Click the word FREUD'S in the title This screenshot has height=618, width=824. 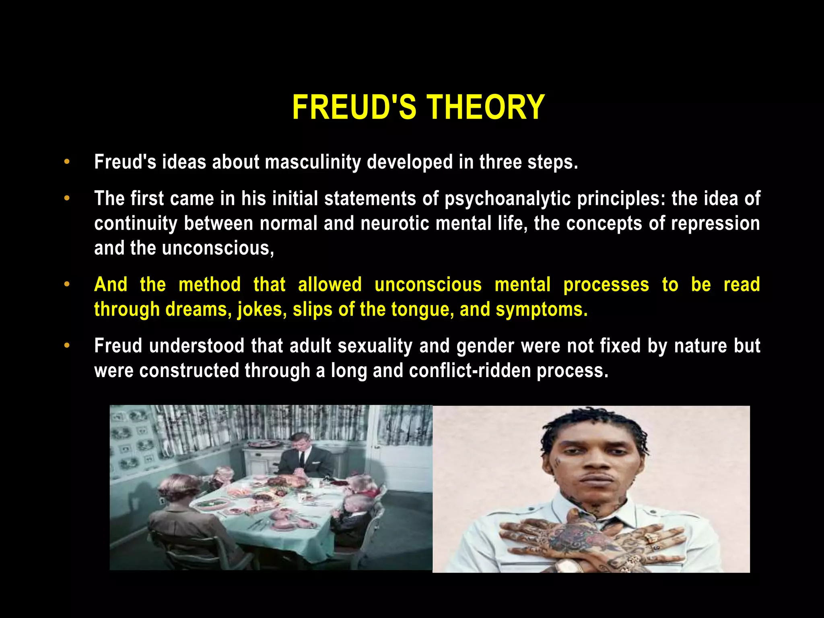354,107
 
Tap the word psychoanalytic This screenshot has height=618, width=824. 507,199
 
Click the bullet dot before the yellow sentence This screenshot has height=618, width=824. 67,285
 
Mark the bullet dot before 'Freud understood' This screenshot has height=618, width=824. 67,346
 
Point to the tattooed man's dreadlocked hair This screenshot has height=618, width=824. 591,426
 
